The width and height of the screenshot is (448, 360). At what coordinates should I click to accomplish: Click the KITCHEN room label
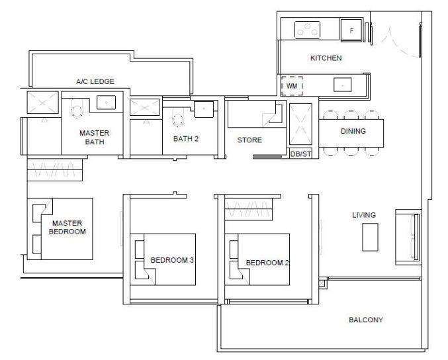[x=326, y=58]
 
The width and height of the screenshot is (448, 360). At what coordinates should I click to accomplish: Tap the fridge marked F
[x=351, y=30]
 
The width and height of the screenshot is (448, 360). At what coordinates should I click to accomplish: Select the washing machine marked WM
[x=292, y=86]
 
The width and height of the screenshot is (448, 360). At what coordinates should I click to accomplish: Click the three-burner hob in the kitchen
[x=307, y=30]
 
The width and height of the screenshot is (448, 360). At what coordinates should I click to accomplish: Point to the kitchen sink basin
[x=342, y=85]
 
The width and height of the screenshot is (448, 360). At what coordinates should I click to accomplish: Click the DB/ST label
[x=300, y=154]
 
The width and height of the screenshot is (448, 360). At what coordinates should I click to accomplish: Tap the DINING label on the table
[x=353, y=131]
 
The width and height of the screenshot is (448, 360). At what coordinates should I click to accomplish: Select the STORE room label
[x=249, y=140]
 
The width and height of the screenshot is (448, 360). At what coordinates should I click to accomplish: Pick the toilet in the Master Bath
[x=77, y=109]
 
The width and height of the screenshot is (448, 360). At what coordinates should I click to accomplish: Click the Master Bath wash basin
[x=106, y=103]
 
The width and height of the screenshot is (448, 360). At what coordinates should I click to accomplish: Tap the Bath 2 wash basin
[x=204, y=109]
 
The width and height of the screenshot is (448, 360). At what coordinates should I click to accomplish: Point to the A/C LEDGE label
[x=95, y=81]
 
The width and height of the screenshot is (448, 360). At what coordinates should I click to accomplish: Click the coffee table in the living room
[x=371, y=237]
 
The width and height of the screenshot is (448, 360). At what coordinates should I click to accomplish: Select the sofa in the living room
[x=408, y=237]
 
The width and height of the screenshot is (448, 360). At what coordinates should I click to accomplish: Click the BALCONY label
[x=366, y=320]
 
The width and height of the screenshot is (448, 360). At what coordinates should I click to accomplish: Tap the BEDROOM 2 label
[x=267, y=263]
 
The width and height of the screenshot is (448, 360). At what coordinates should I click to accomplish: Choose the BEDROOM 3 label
[x=172, y=260]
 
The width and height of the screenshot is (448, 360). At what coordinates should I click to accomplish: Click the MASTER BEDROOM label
[x=67, y=228]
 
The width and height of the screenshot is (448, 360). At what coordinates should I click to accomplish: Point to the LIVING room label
[x=364, y=215]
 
